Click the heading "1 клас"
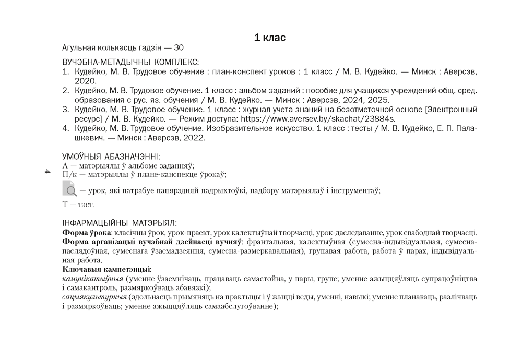269,38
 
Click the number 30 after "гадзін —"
179,48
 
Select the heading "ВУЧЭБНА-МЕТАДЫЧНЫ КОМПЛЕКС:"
130,62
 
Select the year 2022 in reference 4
194,138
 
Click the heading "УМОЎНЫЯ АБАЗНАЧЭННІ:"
111,157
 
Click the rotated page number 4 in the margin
46,172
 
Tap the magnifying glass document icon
69,188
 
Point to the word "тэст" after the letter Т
86,205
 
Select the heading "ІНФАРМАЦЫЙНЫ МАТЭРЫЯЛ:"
120,223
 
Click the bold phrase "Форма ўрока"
86,233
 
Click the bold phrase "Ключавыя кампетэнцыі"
106,269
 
